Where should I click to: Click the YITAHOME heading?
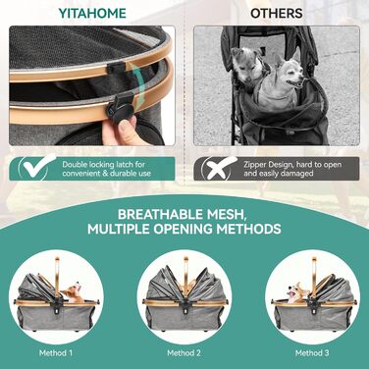coord(92,13)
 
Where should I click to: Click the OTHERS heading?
coord(277,13)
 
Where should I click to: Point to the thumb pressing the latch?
coord(126,130)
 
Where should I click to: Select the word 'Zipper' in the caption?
coord(255,165)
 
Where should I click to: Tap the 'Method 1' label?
coord(56,352)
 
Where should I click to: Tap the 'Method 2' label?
coord(184,352)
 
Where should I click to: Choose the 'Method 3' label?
coord(312,352)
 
